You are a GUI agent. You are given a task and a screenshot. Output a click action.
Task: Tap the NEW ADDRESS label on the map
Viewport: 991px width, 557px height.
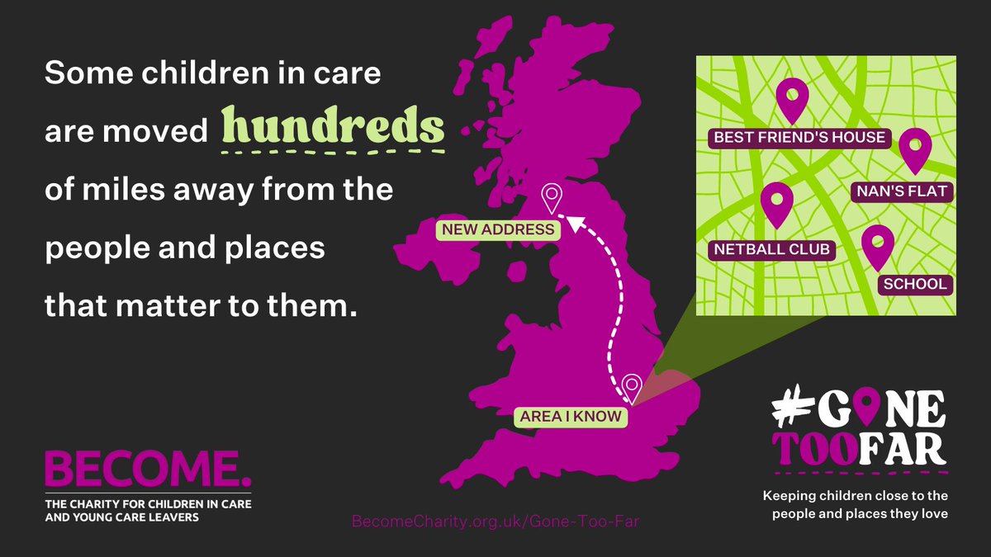coord(498,229)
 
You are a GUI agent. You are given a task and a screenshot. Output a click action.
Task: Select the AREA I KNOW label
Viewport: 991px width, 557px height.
coord(570,416)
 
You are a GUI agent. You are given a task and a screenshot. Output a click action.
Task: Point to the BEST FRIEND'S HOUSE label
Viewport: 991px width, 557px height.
coord(799,137)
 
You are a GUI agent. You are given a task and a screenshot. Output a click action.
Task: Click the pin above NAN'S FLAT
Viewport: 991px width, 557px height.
coord(915,149)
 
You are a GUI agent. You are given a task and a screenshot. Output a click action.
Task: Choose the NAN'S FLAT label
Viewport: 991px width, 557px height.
coord(902,191)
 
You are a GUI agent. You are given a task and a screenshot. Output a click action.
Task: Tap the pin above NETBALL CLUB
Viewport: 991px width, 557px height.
coord(776,204)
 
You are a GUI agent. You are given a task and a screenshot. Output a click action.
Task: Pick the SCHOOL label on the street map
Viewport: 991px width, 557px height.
coord(914,284)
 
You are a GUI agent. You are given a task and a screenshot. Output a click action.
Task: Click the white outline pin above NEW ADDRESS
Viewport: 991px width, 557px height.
coord(551,198)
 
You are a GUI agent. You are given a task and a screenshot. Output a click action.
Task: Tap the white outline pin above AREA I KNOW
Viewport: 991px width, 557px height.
coord(632,387)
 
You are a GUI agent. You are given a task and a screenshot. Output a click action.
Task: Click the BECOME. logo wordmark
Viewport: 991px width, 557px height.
coord(148,470)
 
